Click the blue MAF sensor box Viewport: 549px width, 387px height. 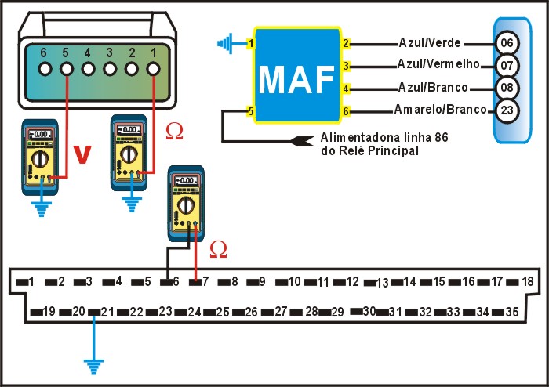coord(297,78)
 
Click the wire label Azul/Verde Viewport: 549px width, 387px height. coord(431,42)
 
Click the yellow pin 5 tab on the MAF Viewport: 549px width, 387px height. coord(250,111)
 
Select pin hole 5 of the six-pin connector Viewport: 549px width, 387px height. coord(67,69)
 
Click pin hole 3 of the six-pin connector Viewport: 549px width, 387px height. coord(111,69)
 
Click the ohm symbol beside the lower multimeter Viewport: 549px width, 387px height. coord(219,249)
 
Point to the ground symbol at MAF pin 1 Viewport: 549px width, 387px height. coord(228,42)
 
